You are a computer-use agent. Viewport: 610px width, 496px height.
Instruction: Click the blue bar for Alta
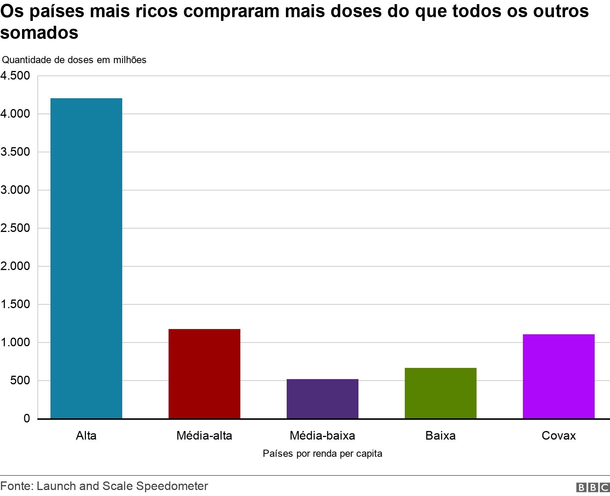point(86,258)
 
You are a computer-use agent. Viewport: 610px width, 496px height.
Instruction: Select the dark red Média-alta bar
point(204,373)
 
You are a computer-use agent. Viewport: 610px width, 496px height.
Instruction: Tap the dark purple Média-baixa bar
point(322,399)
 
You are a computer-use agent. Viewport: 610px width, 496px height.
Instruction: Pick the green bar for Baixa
point(440,393)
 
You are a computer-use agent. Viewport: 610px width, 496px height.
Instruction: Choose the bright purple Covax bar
point(558,376)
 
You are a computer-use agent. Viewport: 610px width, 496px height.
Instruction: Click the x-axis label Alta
point(86,435)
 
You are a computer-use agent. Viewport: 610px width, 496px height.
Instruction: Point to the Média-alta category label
point(204,435)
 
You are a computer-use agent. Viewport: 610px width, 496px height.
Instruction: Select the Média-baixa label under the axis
point(322,435)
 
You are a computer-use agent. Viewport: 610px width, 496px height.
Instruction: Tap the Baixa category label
point(440,435)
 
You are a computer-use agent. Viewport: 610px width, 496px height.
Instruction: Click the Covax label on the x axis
point(558,435)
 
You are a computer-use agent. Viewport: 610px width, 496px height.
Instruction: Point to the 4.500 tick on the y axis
point(15,76)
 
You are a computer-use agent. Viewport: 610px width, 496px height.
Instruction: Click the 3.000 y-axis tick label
point(15,190)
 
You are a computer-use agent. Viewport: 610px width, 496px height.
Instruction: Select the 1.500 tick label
point(15,304)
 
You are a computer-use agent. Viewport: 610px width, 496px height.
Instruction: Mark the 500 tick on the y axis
point(20,381)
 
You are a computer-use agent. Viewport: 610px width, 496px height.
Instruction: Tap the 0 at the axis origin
point(26,419)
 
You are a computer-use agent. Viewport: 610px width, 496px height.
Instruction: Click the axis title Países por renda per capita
point(322,454)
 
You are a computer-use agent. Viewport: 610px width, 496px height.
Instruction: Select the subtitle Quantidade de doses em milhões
point(74,60)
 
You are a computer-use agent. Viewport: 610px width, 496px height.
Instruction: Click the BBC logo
point(593,487)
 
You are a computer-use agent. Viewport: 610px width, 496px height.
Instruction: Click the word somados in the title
point(39,32)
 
